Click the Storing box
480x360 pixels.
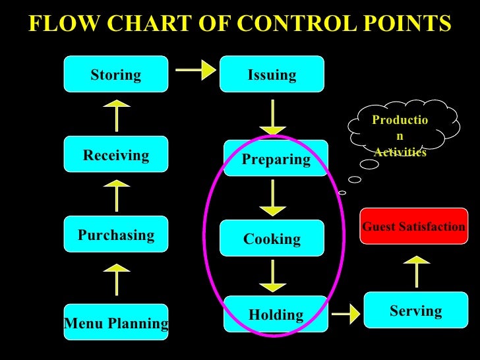pyautogui.click(x=116, y=74)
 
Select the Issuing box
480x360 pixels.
pyautogui.click(x=272, y=74)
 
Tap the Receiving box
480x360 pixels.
pyautogui.click(x=116, y=155)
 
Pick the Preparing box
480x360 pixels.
pyautogui.click(x=276, y=158)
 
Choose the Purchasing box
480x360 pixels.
pyautogui.click(x=116, y=235)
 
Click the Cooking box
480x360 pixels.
pyautogui.click(x=272, y=238)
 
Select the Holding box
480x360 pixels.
pyautogui.click(x=276, y=315)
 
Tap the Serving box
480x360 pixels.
pyautogui.click(x=415, y=310)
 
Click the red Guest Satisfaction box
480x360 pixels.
pyautogui.click(x=413, y=226)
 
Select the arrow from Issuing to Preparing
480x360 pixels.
pyautogui.click(x=272, y=117)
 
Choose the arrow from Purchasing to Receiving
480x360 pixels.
pyautogui.click(x=117, y=196)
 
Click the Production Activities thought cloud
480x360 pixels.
pyautogui.click(x=402, y=129)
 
